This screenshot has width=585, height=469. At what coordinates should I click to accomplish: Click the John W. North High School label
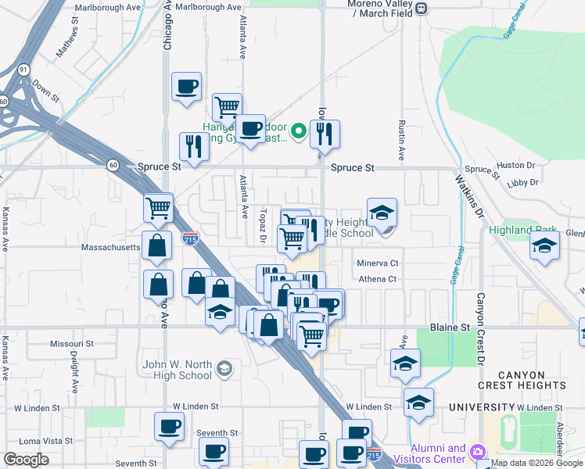pyautogui.click(x=177, y=370)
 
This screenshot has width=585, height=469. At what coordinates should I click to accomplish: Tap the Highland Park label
pyautogui.click(x=522, y=231)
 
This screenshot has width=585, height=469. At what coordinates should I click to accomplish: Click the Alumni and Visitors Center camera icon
pyautogui.click(x=477, y=452)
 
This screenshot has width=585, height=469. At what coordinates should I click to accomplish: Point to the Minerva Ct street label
pyautogui.click(x=378, y=263)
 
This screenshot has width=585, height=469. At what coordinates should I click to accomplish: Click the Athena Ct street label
pyautogui.click(x=378, y=279)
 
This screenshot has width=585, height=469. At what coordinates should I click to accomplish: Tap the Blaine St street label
pyautogui.click(x=448, y=328)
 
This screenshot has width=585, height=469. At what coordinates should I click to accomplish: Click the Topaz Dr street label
pyautogui.click(x=264, y=225)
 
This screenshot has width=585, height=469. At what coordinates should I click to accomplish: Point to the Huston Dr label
pyautogui.click(x=515, y=166)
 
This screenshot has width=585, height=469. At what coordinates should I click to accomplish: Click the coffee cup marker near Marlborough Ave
pyautogui.click(x=187, y=88)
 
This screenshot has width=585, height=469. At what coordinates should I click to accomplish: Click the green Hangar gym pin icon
pyautogui.click(x=298, y=130)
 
